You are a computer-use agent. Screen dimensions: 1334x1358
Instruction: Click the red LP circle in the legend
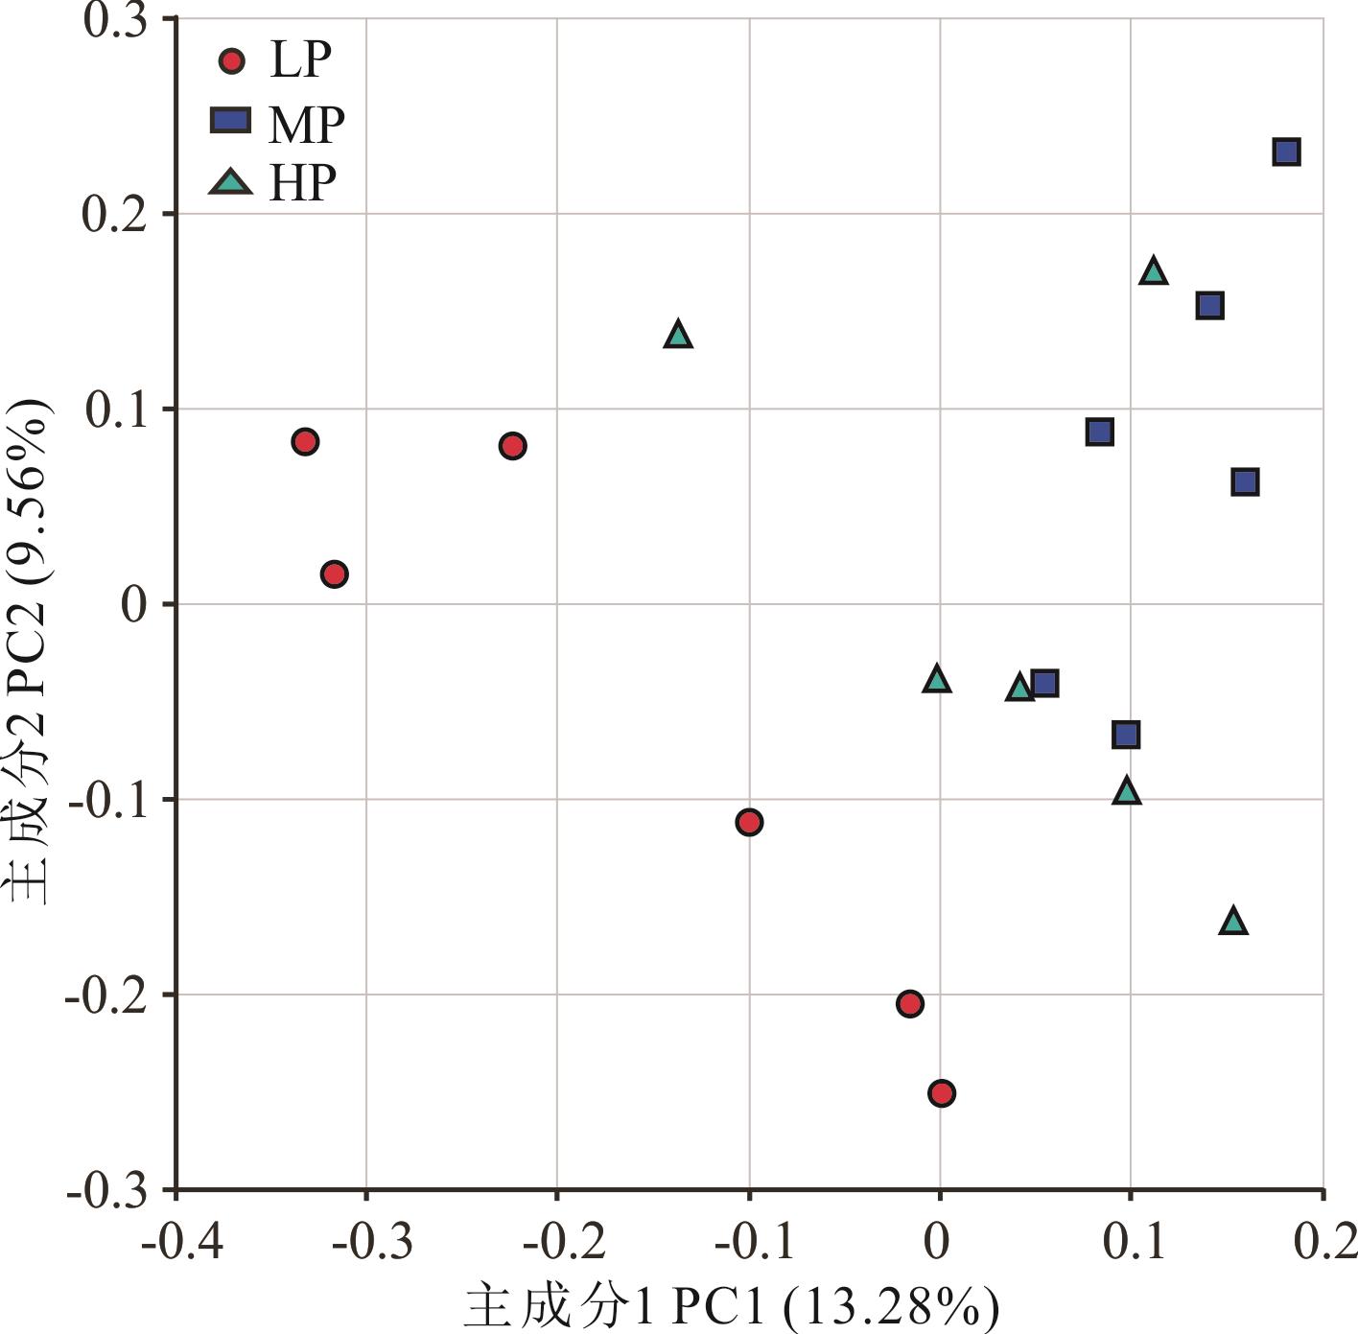(232, 62)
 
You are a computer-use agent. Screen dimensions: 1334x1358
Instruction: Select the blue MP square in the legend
(230, 121)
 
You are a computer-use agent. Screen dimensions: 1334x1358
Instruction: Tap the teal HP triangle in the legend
(230, 182)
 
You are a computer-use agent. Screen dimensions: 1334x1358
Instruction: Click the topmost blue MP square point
(1286, 152)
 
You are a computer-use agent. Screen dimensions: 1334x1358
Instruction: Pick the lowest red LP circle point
(942, 1093)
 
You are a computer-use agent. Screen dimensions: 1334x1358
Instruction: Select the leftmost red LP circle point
(305, 442)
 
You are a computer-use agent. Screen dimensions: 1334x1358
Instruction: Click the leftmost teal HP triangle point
(678, 336)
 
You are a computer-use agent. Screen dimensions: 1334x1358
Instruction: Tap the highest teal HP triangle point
(1154, 272)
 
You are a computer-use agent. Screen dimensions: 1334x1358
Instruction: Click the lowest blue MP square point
(1126, 736)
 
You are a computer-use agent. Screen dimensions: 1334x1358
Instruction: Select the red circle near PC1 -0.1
(749, 822)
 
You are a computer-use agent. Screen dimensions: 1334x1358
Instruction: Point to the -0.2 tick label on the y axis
(106, 995)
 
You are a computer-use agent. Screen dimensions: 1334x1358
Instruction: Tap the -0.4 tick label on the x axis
(182, 1241)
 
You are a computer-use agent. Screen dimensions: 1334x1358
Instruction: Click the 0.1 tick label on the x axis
(1133, 1241)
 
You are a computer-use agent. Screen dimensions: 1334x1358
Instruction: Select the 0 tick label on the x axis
(939, 1241)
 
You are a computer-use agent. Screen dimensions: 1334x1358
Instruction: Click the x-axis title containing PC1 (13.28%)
(731, 1306)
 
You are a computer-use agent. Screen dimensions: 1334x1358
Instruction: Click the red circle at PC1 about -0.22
(512, 446)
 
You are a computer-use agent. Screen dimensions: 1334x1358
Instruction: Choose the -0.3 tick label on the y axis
(106, 1191)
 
